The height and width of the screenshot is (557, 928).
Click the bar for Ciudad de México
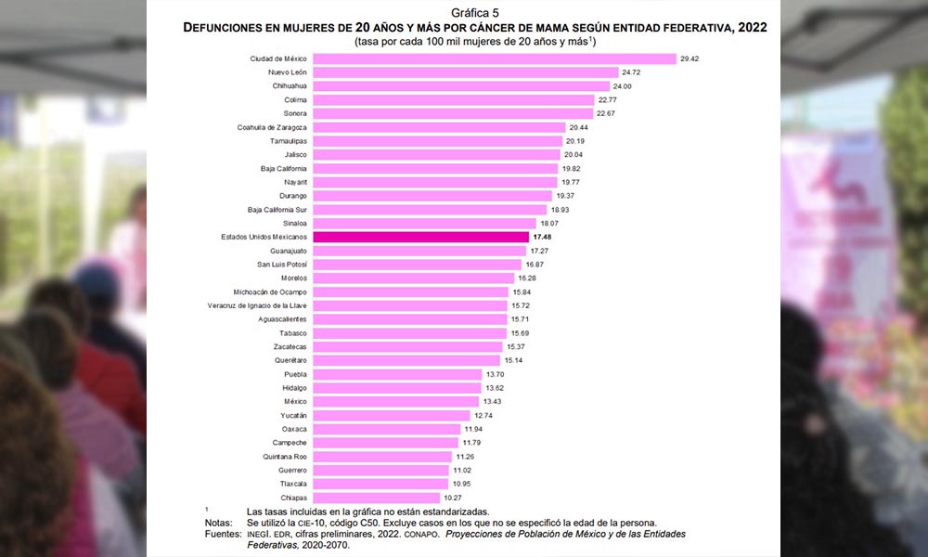coord(495,58)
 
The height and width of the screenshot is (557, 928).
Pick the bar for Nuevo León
coord(465,72)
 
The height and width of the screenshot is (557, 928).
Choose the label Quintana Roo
coord(286,457)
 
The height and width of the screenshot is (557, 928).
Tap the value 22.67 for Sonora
coord(607,113)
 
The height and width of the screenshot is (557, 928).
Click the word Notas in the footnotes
coord(220,523)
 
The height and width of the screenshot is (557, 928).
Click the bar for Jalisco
coord(436,155)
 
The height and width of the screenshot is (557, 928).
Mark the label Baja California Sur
coord(277,210)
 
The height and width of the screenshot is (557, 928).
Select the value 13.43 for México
coord(496,402)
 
